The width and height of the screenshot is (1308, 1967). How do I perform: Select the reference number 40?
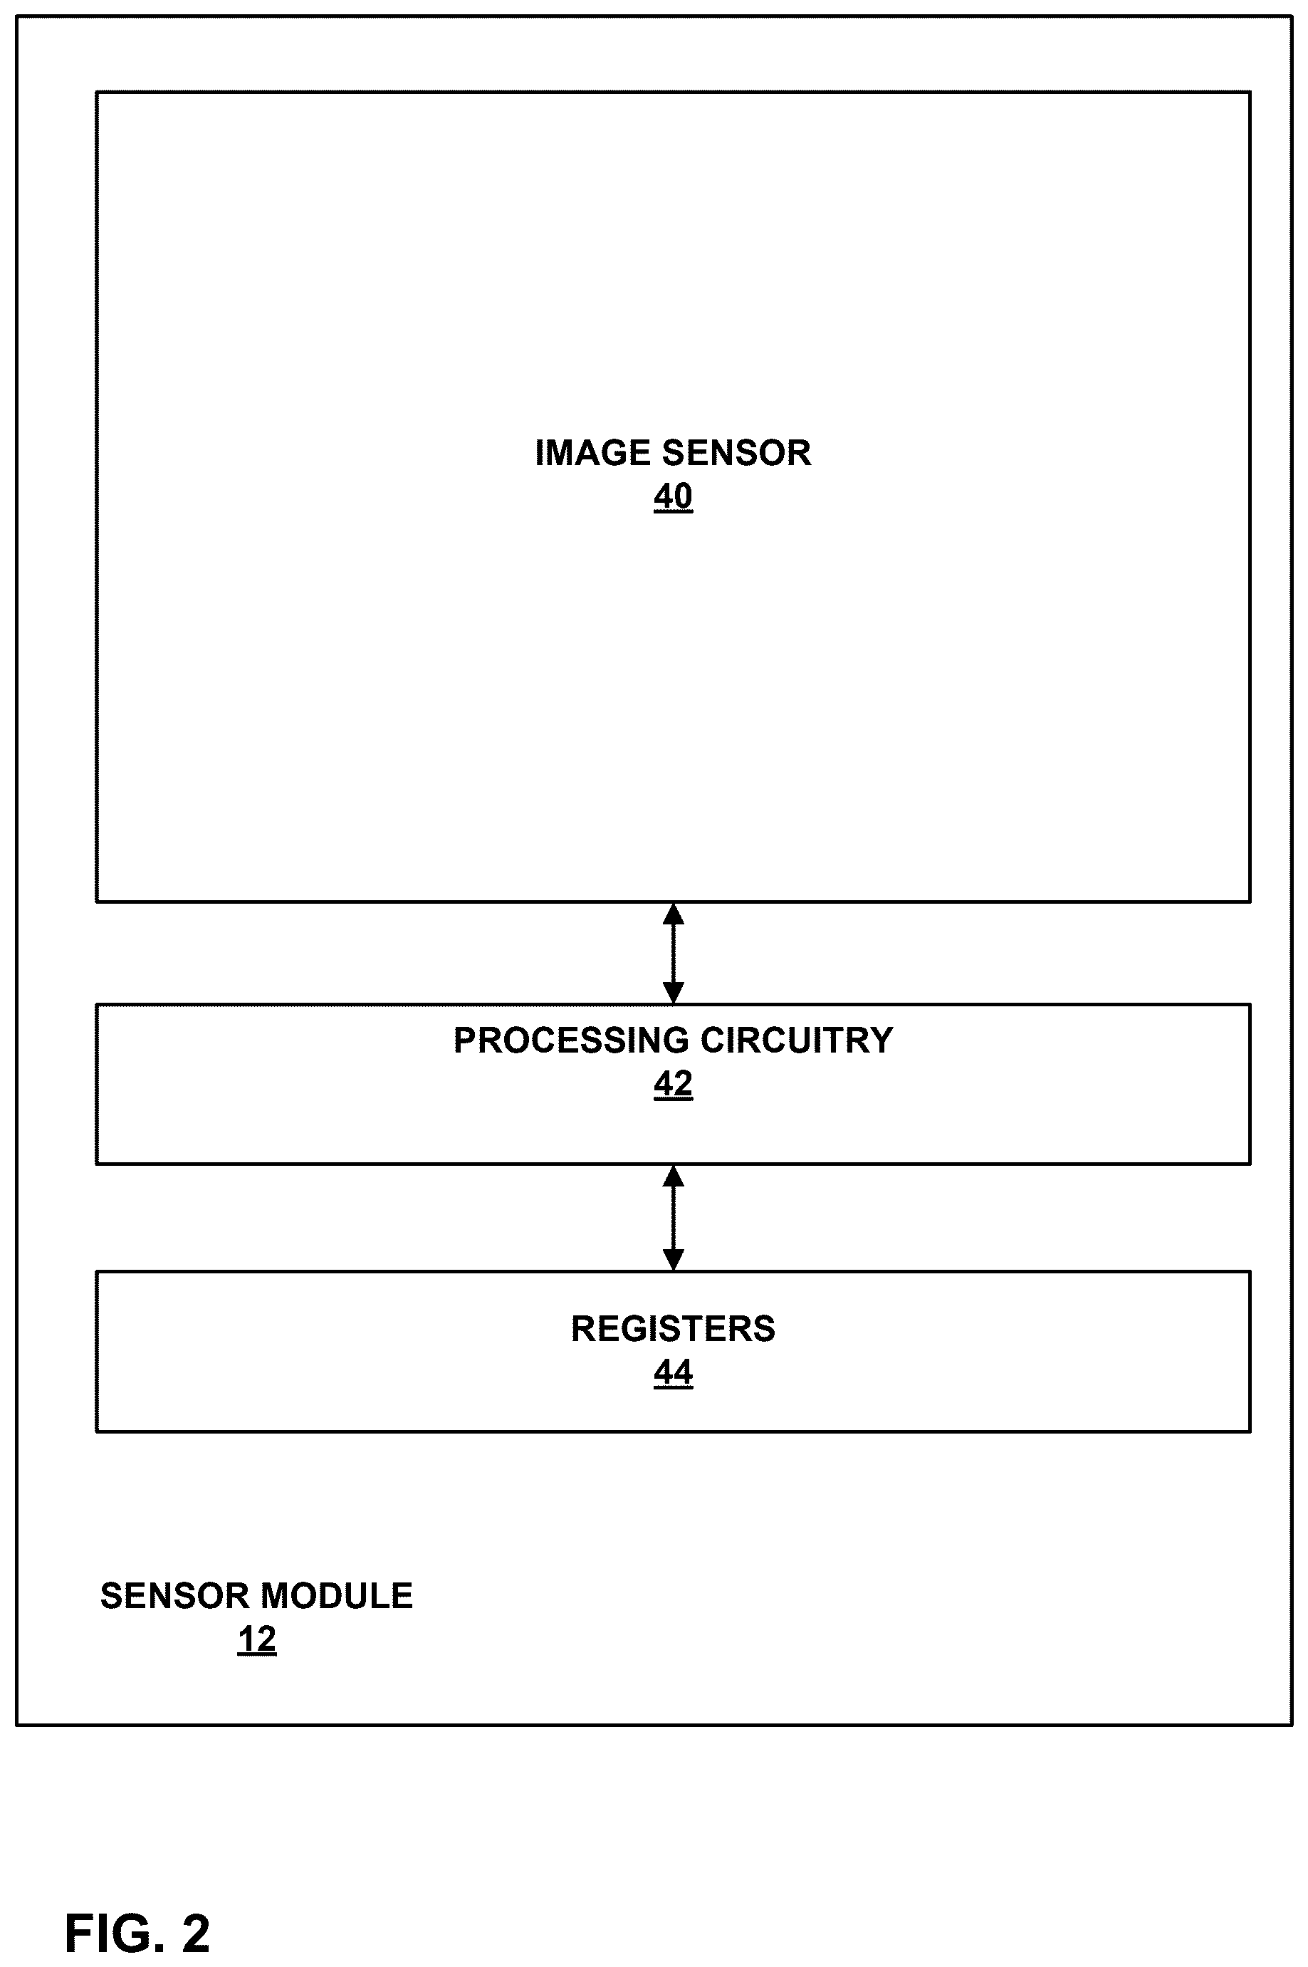tap(673, 497)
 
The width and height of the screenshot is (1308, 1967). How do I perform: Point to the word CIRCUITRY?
tap(797, 1040)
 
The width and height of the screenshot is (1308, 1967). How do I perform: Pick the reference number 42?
tap(673, 1085)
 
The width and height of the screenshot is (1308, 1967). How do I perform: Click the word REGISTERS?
tap(673, 1329)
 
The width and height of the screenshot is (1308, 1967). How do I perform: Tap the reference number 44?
tap(673, 1373)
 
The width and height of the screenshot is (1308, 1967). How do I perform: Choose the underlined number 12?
tap(257, 1640)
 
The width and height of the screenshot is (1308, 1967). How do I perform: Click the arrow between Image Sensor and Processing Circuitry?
tap(673, 954)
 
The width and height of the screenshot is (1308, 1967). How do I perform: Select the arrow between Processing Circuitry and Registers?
tap(673, 1218)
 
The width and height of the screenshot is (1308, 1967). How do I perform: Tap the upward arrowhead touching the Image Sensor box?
tap(673, 914)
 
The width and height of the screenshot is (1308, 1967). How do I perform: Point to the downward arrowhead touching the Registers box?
tap(673, 1261)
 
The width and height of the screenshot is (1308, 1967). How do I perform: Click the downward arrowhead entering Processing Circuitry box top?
tap(673, 993)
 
